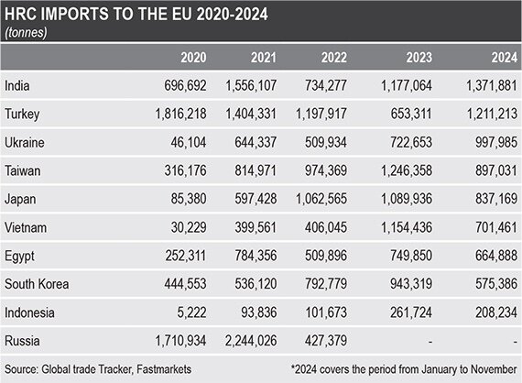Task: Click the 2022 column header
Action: pos(334,58)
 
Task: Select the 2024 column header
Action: pos(505,58)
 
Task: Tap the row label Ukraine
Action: pos(25,143)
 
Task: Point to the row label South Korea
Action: pos(37,284)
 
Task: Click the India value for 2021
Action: pos(251,85)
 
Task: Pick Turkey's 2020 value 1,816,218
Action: pos(180,114)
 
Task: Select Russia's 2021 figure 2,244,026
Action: pos(251,341)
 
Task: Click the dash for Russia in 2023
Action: pos(430,342)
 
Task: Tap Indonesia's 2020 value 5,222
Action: pos(191,312)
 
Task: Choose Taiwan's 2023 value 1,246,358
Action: pos(407,170)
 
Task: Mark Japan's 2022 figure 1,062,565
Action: pos(321,199)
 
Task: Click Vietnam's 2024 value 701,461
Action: pos(496,227)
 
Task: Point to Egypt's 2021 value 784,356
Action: pos(256,256)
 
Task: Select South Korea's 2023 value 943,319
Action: pos(411,284)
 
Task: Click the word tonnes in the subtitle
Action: pos(26,33)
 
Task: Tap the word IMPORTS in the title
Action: pos(75,15)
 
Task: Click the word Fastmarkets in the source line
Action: pos(164,369)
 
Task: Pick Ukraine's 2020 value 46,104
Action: pos(189,143)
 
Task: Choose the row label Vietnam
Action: pos(26,228)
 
